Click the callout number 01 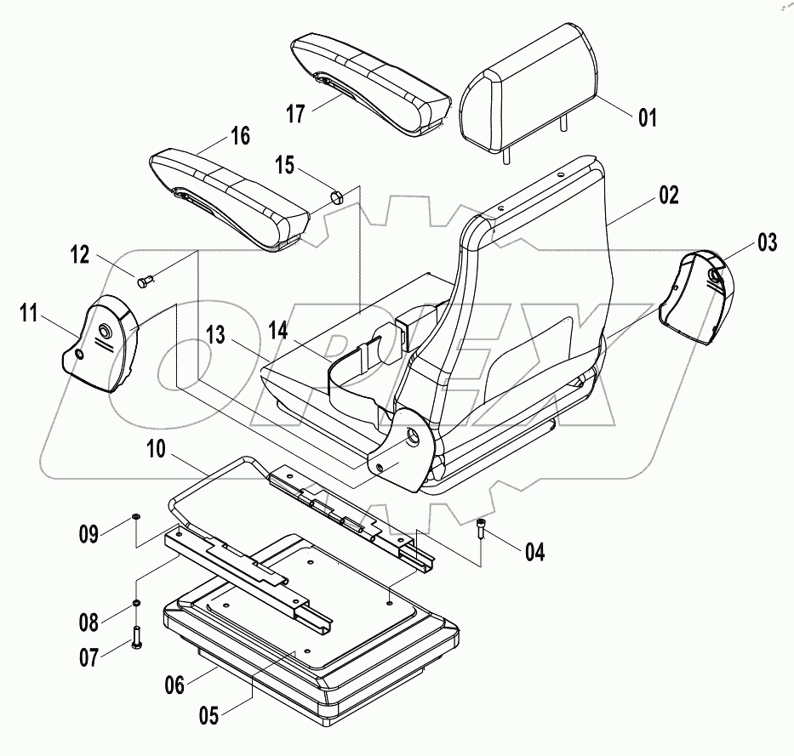tap(648, 117)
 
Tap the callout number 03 tap(767, 243)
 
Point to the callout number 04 tap(534, 553)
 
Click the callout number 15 tap(284, 166)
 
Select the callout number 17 tap(294, 113)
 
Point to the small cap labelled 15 tap(336, 198)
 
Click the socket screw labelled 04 tap(482, 528)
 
